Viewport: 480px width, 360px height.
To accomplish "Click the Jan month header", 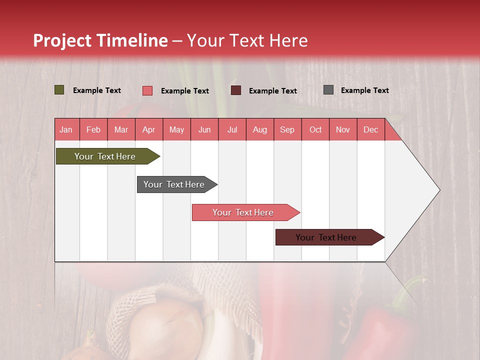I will [x=66, y=129].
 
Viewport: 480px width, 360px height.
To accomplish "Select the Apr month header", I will [x=148, y=129].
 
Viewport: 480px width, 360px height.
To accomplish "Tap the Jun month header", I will [x=204, y=129].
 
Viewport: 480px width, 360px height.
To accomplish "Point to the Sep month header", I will [x=287, y=129].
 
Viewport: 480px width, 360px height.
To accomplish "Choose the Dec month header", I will [x=370, y=129].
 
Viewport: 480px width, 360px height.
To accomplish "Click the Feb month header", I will [x=93, y=129].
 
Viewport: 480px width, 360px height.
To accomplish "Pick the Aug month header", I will [x=259, y=129].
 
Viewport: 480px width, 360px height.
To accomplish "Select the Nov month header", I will [x=342, y=129].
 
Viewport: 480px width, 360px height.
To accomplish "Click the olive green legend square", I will [x=59, y=90].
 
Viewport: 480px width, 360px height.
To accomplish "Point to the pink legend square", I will [x=147, y=90].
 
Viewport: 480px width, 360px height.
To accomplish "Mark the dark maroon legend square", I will [x=236, y=90].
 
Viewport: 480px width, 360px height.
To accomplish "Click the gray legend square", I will [x=328, y=90].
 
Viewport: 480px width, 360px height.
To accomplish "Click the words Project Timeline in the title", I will [x=100, y=40].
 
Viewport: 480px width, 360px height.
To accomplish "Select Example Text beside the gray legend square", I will [x=364, y=90].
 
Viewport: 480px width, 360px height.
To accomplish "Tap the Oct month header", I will [x=315, y=129].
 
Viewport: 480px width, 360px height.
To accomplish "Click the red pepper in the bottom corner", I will [x=380, y=330].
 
